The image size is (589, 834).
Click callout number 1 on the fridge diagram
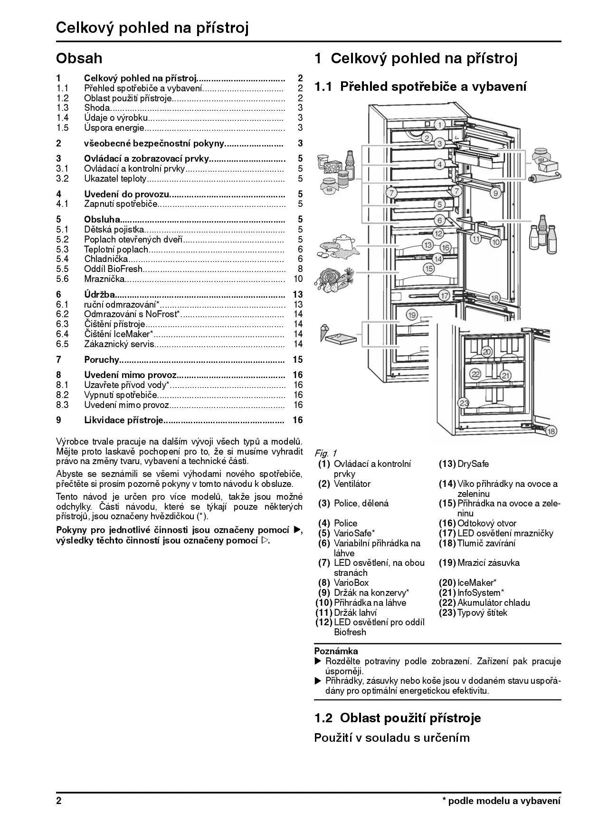point(440,125)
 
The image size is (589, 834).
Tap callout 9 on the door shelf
point(495,193)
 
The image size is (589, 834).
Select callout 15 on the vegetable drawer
point(429,269)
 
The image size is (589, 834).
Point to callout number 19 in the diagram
point(411,315)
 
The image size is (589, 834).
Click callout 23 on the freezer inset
point(464,403)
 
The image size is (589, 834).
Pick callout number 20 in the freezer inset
point(486,352)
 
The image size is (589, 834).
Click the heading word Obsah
point(79,58)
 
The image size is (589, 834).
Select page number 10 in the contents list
point(298,279)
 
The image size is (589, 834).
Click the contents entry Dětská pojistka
point(114,229)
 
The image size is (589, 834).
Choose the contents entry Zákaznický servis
point(119,344)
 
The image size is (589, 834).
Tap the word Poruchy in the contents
point(101,359)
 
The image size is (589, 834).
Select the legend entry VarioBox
point(351,582)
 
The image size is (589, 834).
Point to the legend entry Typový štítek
point(482,612)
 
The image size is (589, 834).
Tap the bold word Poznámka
point(336,651)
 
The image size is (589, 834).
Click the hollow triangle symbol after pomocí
point(265,541)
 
